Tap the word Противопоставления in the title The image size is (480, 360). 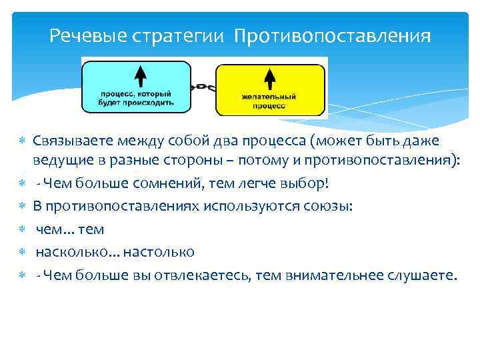[x=332, y=35]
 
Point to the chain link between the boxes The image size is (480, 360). [x=203, y=87]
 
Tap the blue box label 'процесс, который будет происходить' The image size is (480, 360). [x=136, y=99]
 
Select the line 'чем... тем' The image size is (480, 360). [x=69, y=229]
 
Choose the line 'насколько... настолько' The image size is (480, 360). [x=115, y=251]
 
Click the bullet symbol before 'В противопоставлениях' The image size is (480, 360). [x=22, y=207]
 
